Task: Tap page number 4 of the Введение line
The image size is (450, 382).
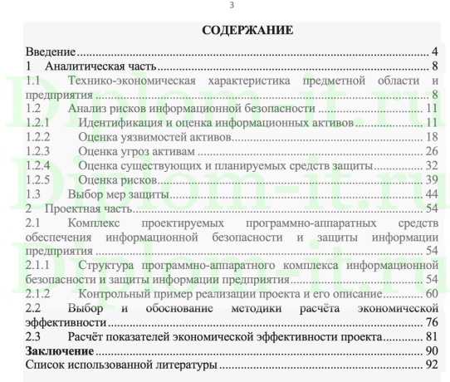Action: click(x=434, y=52)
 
